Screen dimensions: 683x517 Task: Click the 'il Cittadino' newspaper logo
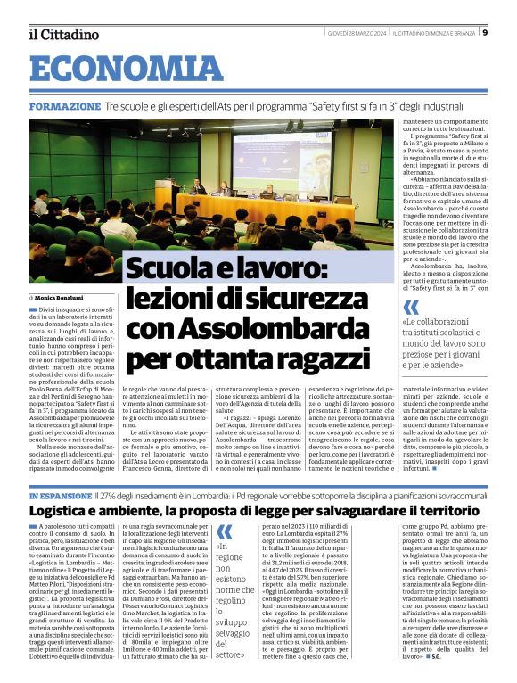click(x=63, y=34)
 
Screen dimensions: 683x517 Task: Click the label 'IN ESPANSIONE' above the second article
click(x=60, y=493)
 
